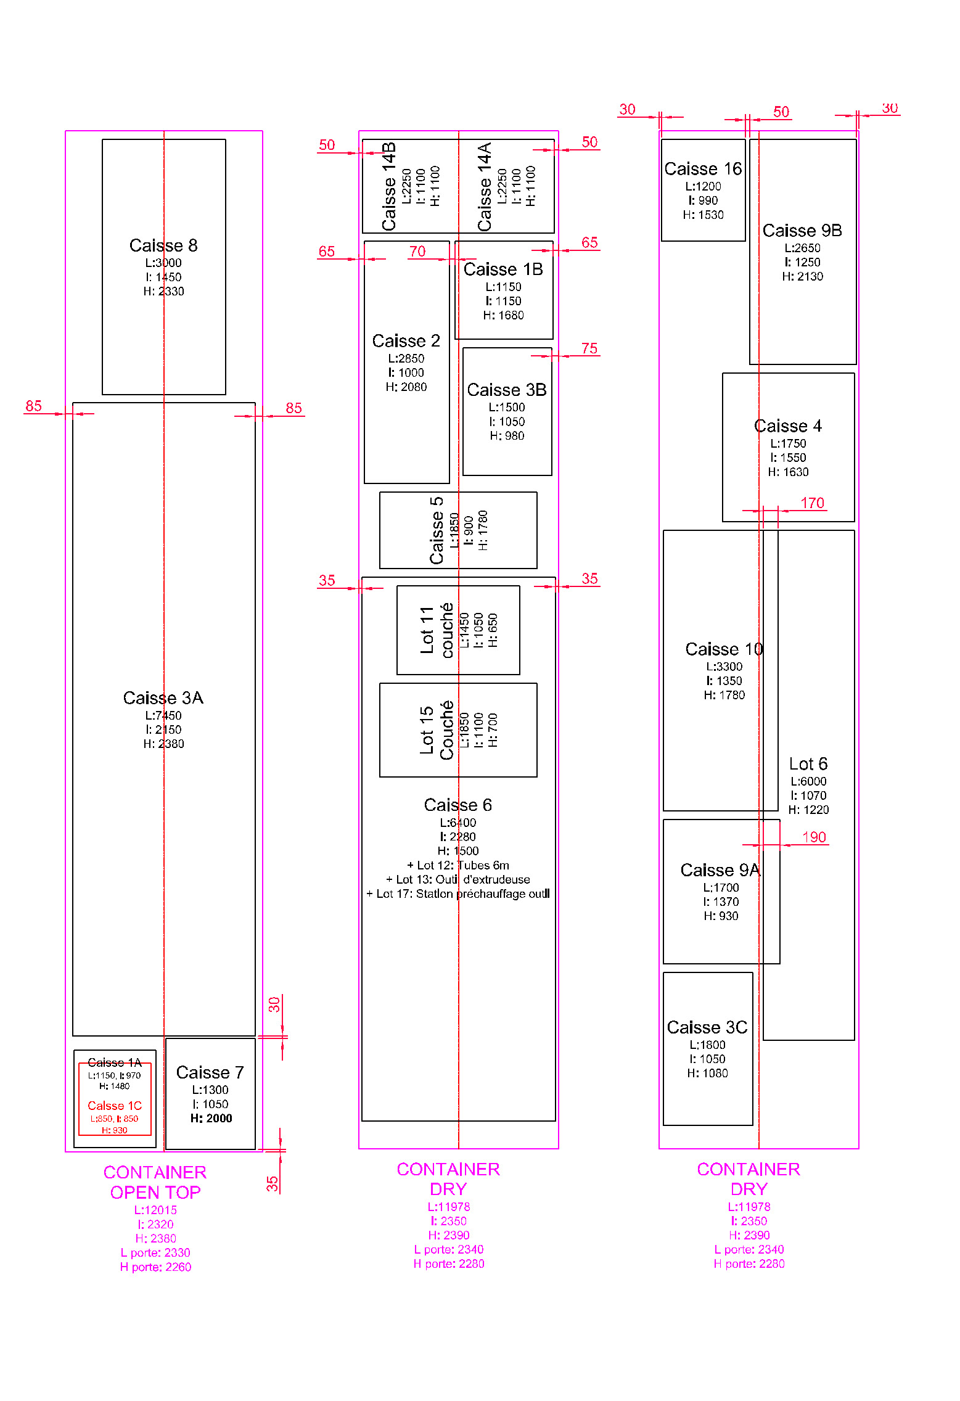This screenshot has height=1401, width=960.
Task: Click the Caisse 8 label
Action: tap(163, 245)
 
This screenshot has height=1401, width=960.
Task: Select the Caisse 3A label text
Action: tap(163, 698)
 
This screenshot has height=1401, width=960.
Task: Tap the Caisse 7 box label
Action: tap(210, 1072)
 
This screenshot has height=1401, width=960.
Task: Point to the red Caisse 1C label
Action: tap(115, 1106)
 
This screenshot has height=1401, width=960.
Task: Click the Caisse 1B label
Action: tap(503, 269)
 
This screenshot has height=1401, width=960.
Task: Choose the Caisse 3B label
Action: tap(507, 390)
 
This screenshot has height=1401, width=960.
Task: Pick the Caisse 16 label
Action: tap(703, 169)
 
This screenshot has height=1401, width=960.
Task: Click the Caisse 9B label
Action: tap(802, 231)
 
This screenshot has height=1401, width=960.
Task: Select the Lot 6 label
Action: tap(808, 764)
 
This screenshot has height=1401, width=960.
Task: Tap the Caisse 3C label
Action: tap(707, 1027)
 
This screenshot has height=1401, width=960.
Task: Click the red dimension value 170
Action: tap(812, 503)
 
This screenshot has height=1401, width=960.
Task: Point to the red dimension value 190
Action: tap(814, 837)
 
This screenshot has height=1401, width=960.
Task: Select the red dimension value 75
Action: tap(589, 348)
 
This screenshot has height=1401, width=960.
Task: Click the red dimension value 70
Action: tap(417, 251)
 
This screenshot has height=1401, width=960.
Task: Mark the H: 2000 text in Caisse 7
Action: tap(211, 1119)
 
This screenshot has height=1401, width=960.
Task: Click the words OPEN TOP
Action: tap(155, 1193)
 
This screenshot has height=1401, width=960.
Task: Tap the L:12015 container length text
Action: tap(155, 1210)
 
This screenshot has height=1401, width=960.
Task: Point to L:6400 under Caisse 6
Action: tap(457, 823)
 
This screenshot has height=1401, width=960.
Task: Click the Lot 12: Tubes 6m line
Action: tap(458, 865)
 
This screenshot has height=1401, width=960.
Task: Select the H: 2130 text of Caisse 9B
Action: tap(802, 277)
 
